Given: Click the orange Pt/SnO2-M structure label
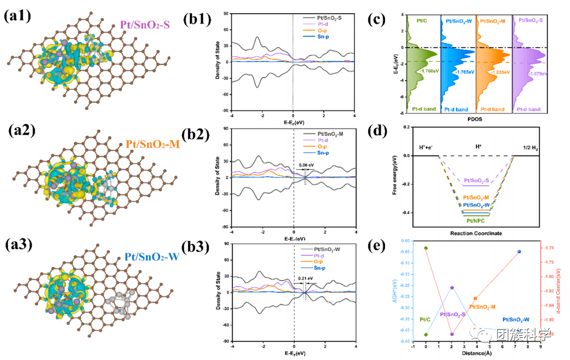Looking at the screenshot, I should pyautogui.click(x=153, y=144).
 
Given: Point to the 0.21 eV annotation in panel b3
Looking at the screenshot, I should pyautogui.click(x=306, y=279).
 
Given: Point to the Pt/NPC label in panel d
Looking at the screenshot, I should pyautogui.click(x=475, y=221).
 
